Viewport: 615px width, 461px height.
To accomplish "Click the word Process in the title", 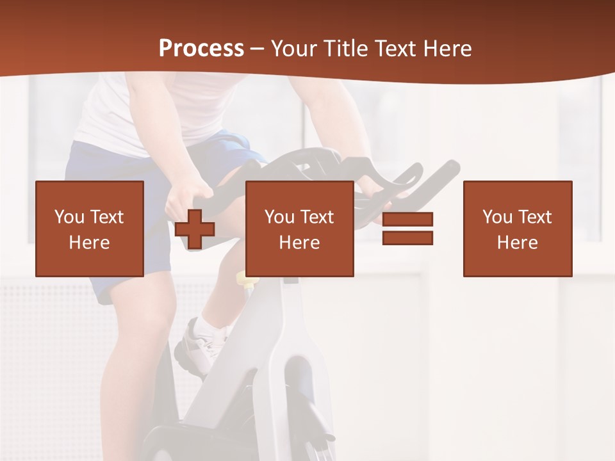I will pos(201,49).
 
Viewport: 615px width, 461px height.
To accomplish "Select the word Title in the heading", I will pos(346,49).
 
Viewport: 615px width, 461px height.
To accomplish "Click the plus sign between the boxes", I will pos(195,229).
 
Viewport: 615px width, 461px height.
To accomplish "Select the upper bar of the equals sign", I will pos(407,219).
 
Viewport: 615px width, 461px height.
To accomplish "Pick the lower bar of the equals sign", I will pos(407,238).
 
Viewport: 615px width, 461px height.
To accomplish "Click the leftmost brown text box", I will pos(90,229).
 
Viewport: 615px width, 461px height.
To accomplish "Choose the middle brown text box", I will pos(299,229).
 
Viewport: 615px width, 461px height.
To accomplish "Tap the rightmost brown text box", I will pos(518,229).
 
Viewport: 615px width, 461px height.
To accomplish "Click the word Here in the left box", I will pos(90,243).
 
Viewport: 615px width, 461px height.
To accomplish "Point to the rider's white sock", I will pos(211,328).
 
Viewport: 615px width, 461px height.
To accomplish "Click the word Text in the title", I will pos(395,49).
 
